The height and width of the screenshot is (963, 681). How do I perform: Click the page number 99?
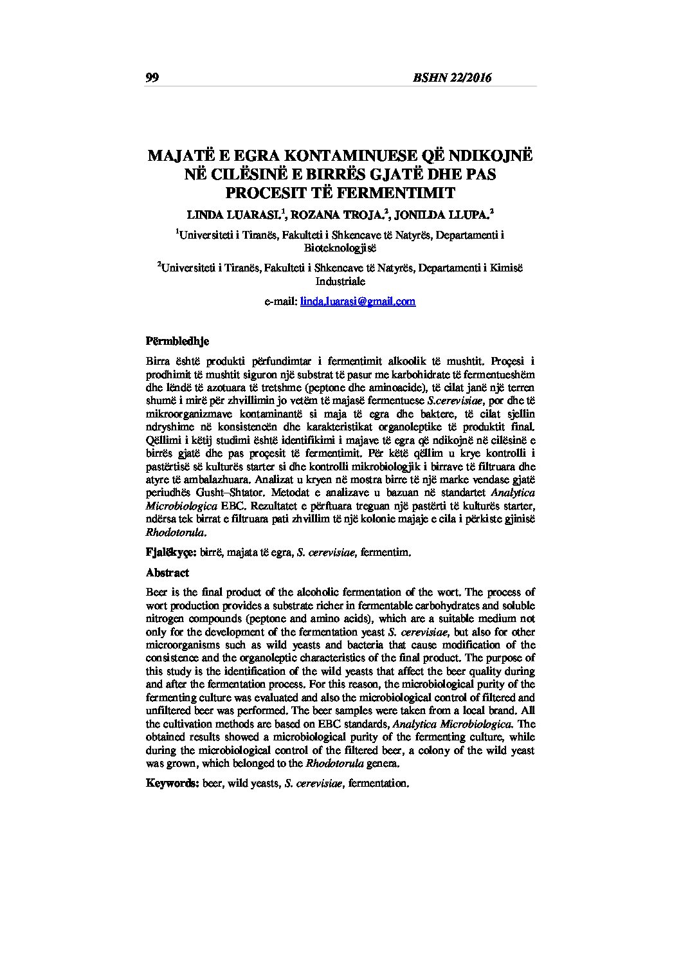[x=152, y=78]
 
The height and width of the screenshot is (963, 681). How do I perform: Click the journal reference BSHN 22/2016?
[x=453, y=78]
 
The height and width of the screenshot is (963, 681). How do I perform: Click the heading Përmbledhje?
[x=177, y=340]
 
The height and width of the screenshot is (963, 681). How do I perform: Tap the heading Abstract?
[x=167, y=573]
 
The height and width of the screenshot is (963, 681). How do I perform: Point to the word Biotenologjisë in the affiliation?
[x=340, y=248]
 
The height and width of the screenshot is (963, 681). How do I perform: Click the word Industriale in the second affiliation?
[x=340, y=281]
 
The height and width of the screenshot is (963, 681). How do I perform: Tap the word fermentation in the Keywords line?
[x=377, y=783]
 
